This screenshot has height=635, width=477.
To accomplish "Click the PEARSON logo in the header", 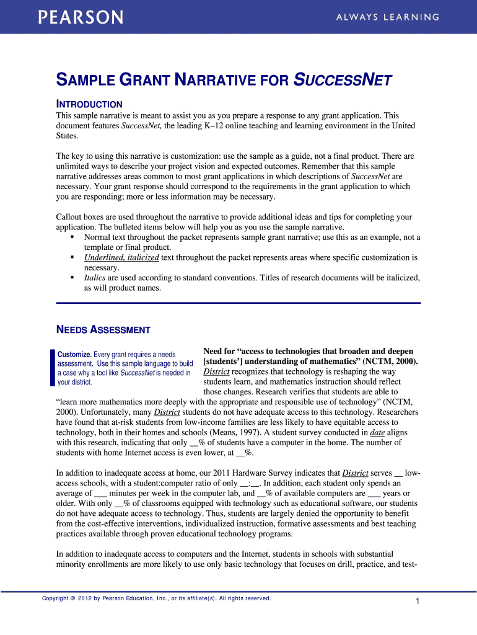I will click(81, 17).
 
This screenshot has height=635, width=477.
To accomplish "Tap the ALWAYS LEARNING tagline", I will click(388, 17).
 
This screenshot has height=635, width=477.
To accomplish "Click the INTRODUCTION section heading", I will click(89, 104).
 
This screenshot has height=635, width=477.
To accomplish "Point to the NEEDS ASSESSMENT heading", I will click(103, 329).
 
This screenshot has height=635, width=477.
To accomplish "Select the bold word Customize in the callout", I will click(74, 354).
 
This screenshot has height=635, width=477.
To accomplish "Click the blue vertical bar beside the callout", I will click(52, 368).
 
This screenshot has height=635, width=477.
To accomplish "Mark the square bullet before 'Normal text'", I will click(72, 237).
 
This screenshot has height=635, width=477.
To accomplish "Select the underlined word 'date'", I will click(377, 432).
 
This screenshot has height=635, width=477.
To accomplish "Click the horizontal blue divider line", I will click(239, 303).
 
